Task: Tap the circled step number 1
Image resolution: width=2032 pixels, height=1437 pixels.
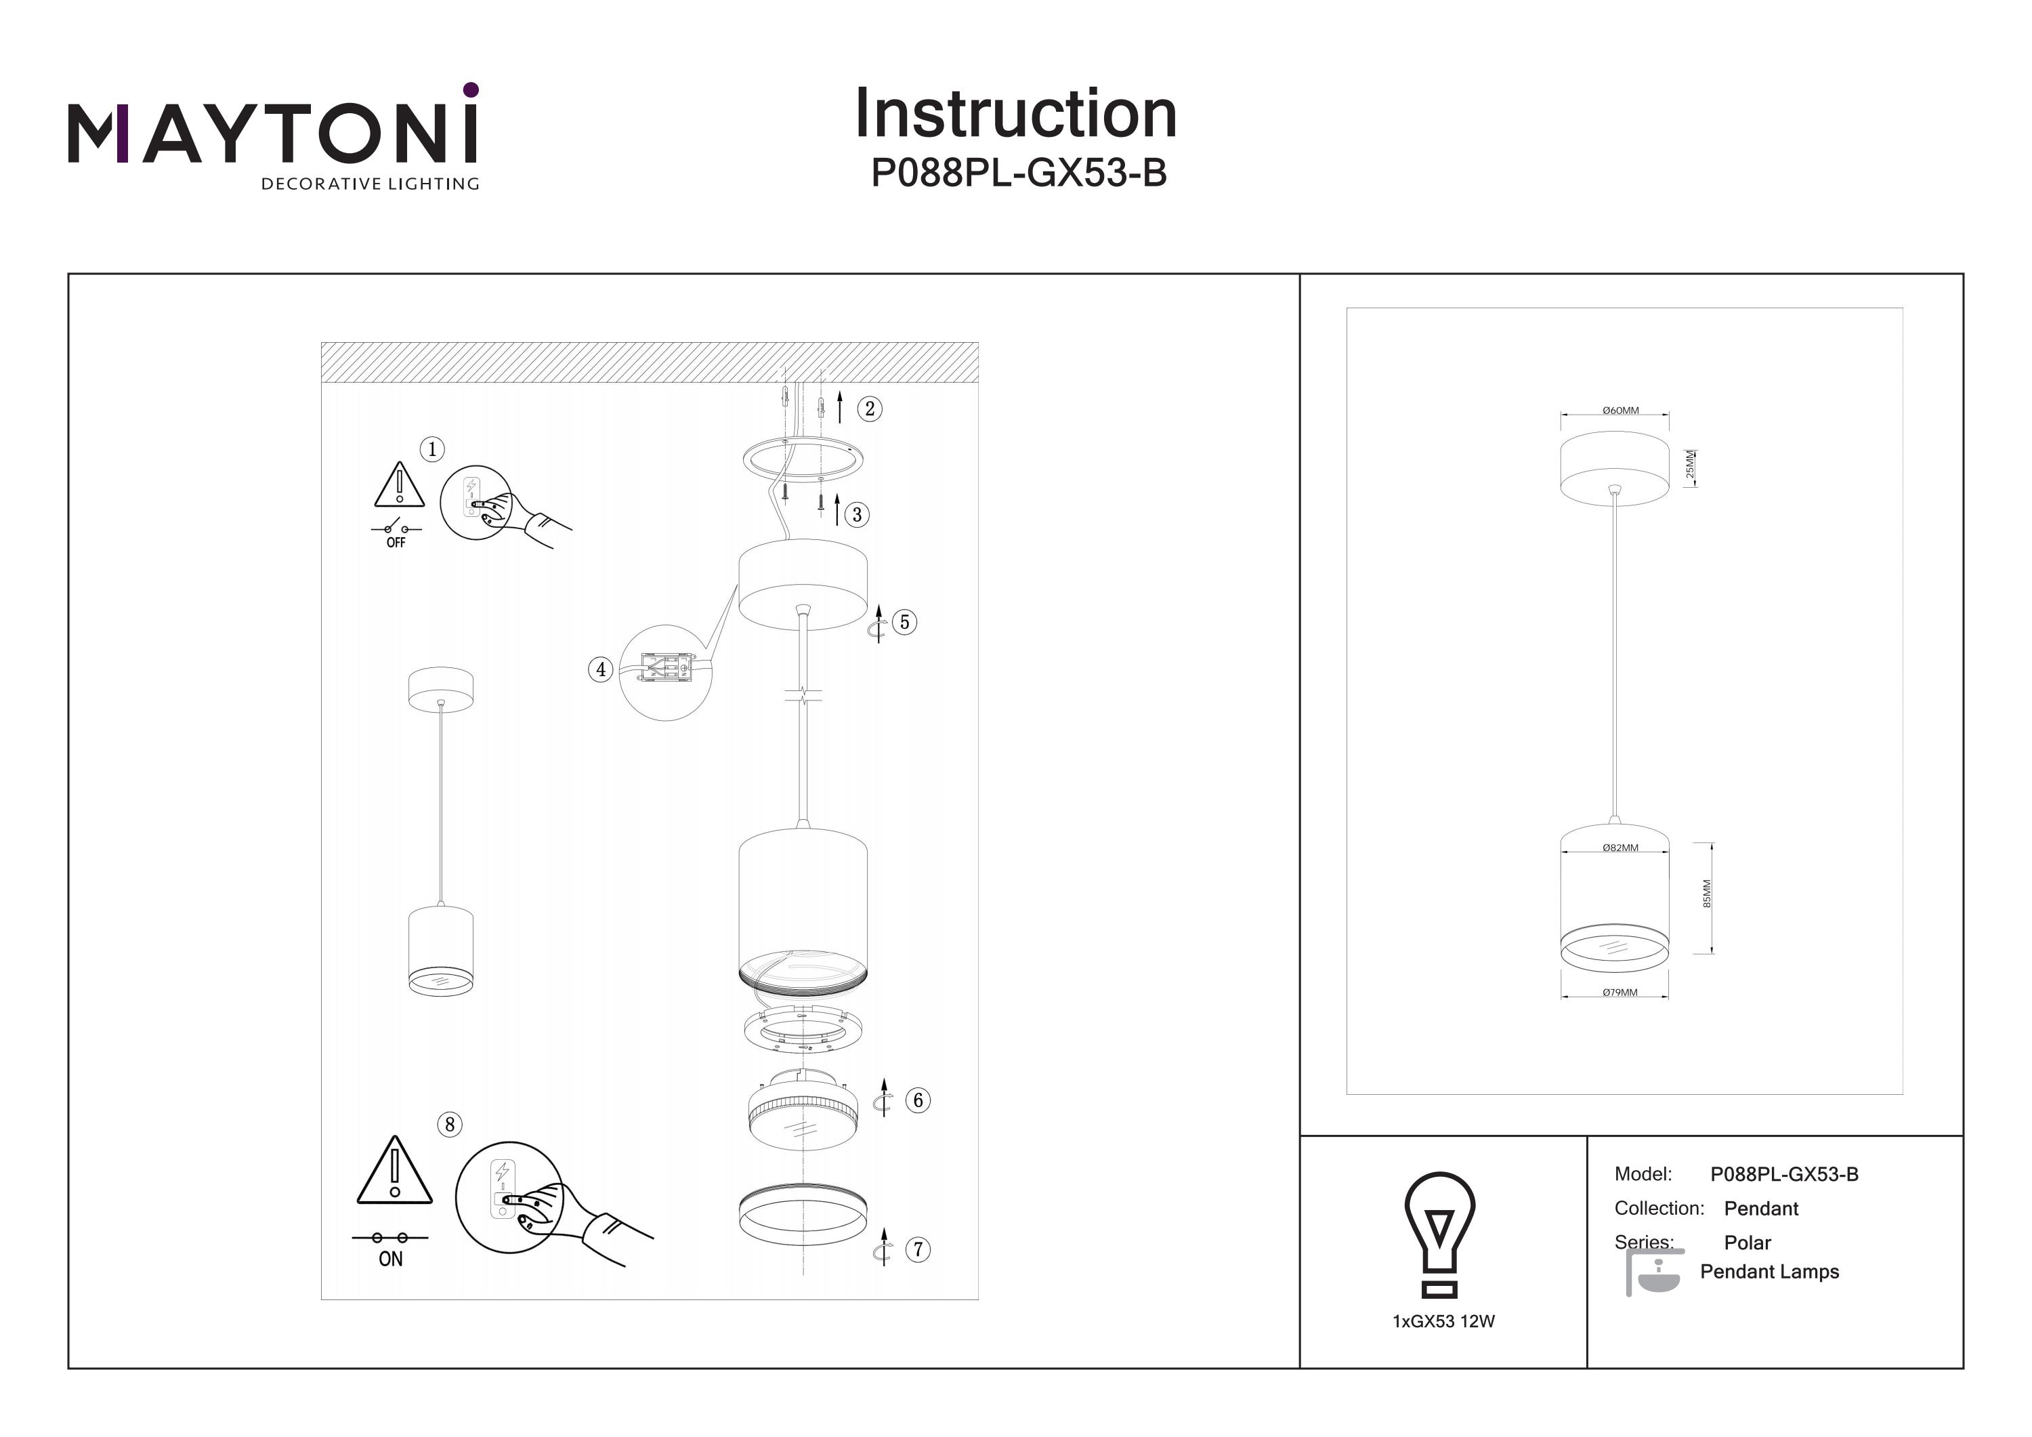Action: coord(432,449)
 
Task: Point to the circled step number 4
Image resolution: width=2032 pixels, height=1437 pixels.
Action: coord(601,669)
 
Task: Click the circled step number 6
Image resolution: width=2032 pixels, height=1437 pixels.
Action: coord(918,1100)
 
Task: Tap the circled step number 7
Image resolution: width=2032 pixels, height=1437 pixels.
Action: coord(918,1249)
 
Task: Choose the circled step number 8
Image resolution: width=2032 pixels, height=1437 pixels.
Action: coord(450,1125)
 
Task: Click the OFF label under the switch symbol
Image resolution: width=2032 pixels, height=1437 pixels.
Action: coord(396,543)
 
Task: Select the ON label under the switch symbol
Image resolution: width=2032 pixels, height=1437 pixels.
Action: coord(390,1259)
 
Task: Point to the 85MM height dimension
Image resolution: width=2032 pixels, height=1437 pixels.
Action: coord(1707,894)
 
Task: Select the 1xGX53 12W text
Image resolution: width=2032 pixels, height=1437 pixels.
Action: coord(1443,1322)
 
